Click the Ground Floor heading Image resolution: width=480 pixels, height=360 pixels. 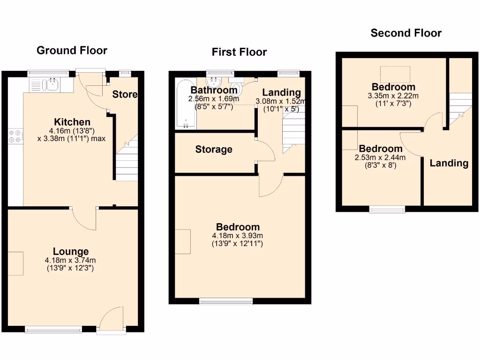pos(72,51)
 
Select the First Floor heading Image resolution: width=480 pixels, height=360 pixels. pos(239,52)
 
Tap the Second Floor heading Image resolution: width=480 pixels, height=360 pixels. pos(406,33)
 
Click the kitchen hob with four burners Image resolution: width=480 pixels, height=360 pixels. pos(15,135)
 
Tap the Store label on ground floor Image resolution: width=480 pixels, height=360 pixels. pos(125,94)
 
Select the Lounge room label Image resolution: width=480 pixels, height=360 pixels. pos(71,252)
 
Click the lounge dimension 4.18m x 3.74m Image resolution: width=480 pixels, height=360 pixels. pos(71,260)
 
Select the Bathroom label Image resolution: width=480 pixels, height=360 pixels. pos(214,90)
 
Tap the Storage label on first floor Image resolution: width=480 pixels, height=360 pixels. pos(214,150)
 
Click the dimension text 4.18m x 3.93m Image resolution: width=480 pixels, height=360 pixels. pos(238,236)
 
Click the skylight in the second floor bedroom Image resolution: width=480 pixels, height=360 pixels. pos(395,74)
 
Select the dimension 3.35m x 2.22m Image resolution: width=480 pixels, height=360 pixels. pos(393,96)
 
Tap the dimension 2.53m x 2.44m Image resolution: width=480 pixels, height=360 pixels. pos(380,157)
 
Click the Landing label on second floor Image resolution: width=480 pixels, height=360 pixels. pos(449,163)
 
